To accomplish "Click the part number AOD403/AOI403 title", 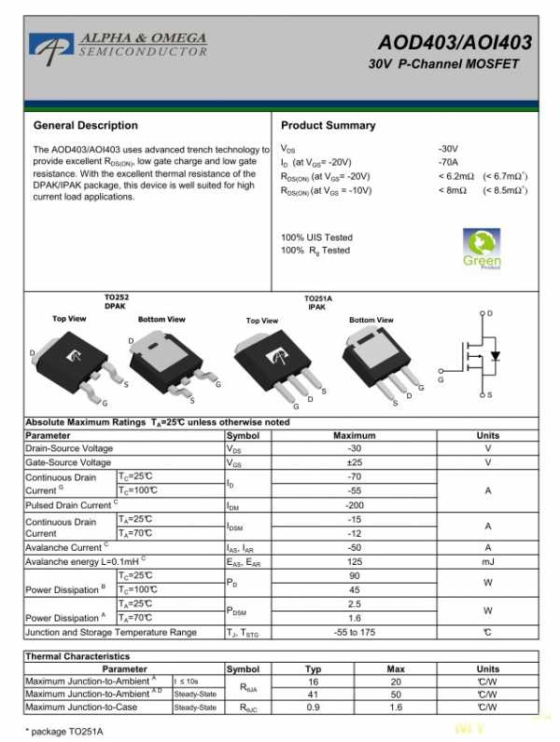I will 455,43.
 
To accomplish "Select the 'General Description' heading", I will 85,125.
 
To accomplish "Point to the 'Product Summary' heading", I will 328,125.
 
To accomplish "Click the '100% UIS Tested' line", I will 316,237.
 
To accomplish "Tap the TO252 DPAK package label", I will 116,301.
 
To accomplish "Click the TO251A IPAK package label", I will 317,302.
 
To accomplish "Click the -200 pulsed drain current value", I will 354,504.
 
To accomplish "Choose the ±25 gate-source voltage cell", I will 354,462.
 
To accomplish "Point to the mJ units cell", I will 487,561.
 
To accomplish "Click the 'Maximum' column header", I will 354,435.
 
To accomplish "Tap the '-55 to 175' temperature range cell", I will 354,632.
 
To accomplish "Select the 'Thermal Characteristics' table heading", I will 77,656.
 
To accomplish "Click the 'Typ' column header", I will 314,668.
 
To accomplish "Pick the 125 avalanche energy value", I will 354,561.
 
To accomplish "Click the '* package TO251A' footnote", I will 63,731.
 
